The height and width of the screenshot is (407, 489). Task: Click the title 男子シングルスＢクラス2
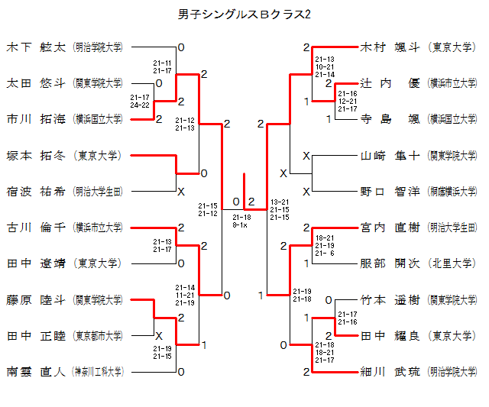pos(244,15)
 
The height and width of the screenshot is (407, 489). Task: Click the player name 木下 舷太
pos(37,47)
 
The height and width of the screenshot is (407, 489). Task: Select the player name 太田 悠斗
pos(37,82)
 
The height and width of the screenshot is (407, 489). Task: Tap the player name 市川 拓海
pos(37,119)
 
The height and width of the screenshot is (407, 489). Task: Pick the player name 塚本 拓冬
pos(37,155)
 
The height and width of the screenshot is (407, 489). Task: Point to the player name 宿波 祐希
pos(37,191)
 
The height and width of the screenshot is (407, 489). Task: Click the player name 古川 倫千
pos(37,227)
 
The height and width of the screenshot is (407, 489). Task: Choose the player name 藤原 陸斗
pos(37,299)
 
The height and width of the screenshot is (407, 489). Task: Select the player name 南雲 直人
pos(37,372)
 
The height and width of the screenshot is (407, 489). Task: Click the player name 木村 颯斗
pos(390,47)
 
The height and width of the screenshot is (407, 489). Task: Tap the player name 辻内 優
pos(390,82)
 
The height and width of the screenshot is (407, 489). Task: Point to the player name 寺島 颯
pos(390,119)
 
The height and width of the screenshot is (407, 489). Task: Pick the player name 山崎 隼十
pos(390,155)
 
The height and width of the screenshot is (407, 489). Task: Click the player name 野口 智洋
pos(390,191)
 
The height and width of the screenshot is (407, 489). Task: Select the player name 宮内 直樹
pos(390,227)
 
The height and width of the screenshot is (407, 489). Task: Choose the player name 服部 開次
pos(390,263)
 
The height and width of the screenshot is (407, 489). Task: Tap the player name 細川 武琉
pos(390,372)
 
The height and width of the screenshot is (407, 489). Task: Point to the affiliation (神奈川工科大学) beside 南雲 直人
pos(98,372)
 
